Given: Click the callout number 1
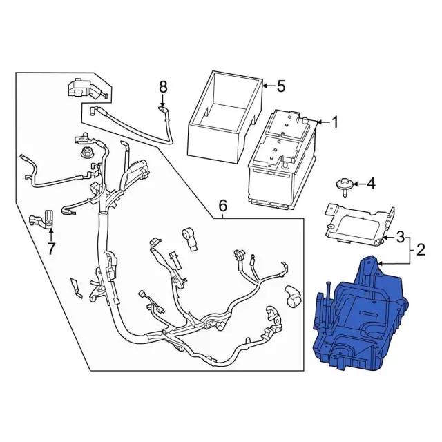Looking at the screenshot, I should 335,123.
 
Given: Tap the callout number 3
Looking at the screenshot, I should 400,238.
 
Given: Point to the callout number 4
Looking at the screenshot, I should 370,184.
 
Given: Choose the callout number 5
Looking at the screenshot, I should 280,86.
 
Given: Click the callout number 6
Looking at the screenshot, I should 222,206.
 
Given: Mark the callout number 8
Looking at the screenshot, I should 163,87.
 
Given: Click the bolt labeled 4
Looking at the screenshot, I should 342,184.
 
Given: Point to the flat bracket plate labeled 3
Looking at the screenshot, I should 359,221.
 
